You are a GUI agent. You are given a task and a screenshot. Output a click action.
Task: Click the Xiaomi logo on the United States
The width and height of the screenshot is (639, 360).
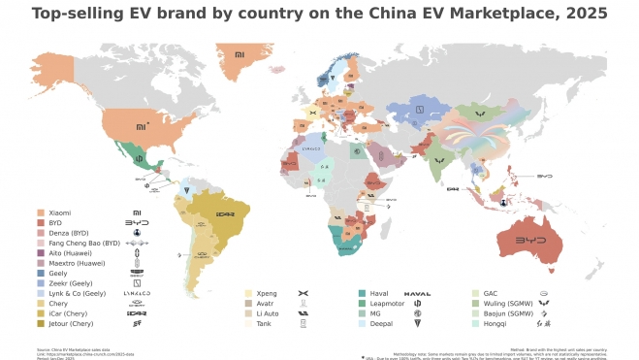coord(141,125)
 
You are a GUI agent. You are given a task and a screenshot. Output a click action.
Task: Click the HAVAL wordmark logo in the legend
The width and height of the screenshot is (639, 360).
coord(417,293)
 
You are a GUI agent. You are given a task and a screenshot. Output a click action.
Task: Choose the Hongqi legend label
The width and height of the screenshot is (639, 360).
coord(495,324)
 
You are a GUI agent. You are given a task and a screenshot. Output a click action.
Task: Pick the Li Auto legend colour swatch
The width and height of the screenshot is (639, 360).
coord(249,314)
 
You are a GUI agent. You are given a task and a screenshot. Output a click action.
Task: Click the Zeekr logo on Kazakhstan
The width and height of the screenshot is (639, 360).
coord(420,109)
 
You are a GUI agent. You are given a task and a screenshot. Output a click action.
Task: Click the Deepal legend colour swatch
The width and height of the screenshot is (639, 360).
coord(362,324)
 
